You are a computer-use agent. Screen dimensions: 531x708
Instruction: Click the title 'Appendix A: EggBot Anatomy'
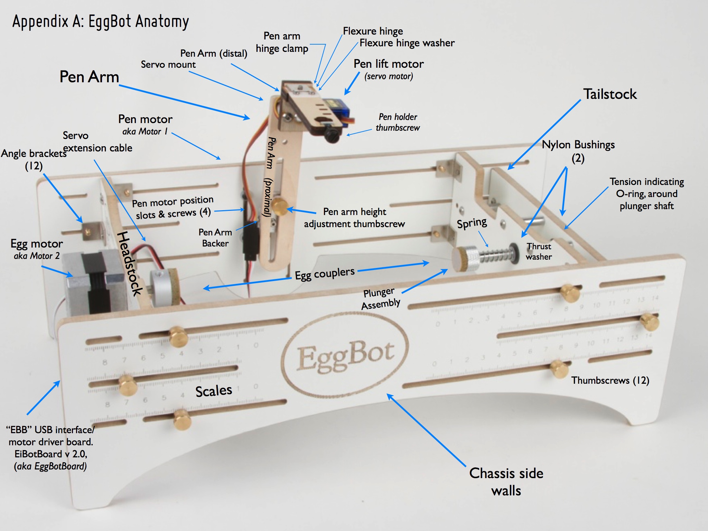pyautogui.click(x=101, y=21)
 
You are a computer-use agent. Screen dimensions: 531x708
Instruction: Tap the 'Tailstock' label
pyautogui.click(x=610, y=94)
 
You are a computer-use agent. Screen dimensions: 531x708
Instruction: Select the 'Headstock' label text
pyautogui.click(x=129, y=263)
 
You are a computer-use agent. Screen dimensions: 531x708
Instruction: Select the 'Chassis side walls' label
pyautogui.click(x=506, y=482)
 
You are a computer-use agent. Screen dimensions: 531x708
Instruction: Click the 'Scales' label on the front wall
pyautogui.click(x=214, y=391)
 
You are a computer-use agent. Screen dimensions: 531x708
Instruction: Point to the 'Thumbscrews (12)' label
pyautogui.click(x=610, y=380)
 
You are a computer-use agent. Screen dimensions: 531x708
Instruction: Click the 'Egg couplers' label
pyautogui.click(x=325, y=274)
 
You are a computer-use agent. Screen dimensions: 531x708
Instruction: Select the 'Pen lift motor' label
pyautogui.click(x=389, y=64)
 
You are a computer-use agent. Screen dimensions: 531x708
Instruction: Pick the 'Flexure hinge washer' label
pyautogui.click(x=407, y=43)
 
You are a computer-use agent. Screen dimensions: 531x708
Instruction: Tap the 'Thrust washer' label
pyautogui.click(x=539, y=251)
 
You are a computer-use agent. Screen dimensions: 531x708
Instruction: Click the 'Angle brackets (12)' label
pyautogui.click(x=34, y=159)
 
